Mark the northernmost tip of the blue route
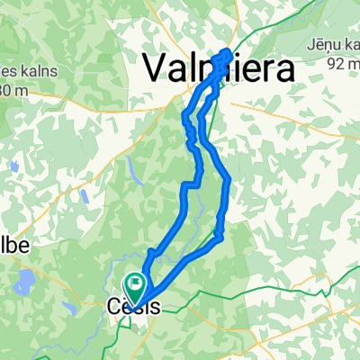(x=226, y=50)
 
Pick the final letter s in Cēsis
(x=157, y=307)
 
